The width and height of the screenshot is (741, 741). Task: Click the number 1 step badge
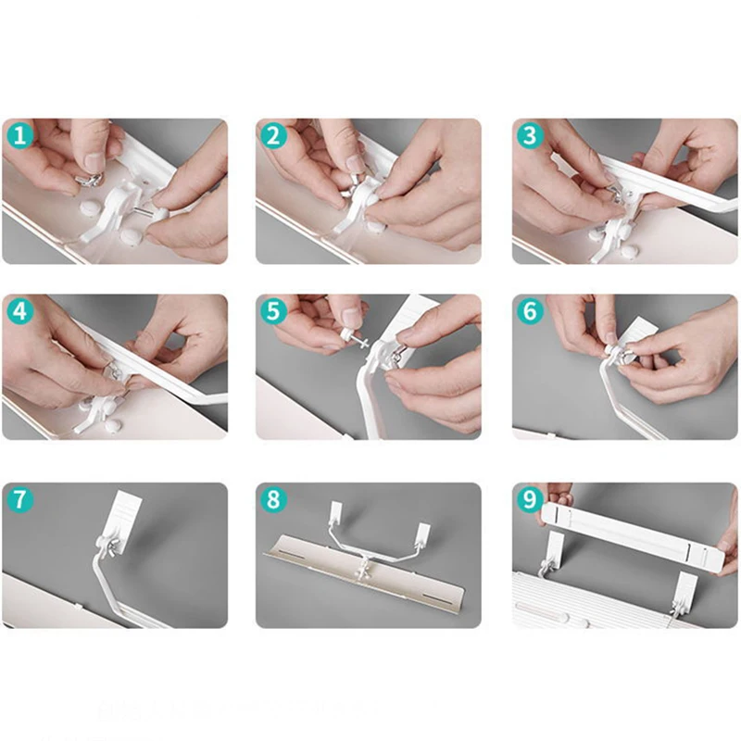[19, 136]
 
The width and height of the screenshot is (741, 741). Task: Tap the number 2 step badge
[273, 136]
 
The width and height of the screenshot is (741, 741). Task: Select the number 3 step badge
[530, 136]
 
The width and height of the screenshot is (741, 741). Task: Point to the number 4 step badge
[19, 311]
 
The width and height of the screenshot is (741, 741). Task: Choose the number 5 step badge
[273, 311]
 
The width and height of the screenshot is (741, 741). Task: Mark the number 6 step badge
[530, 311]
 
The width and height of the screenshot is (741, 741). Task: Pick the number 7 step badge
[19, 499]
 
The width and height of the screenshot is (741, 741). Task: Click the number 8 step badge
[273, 499]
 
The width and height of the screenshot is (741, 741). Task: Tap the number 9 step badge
[530, 499]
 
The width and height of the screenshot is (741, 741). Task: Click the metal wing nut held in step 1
[88, 180]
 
